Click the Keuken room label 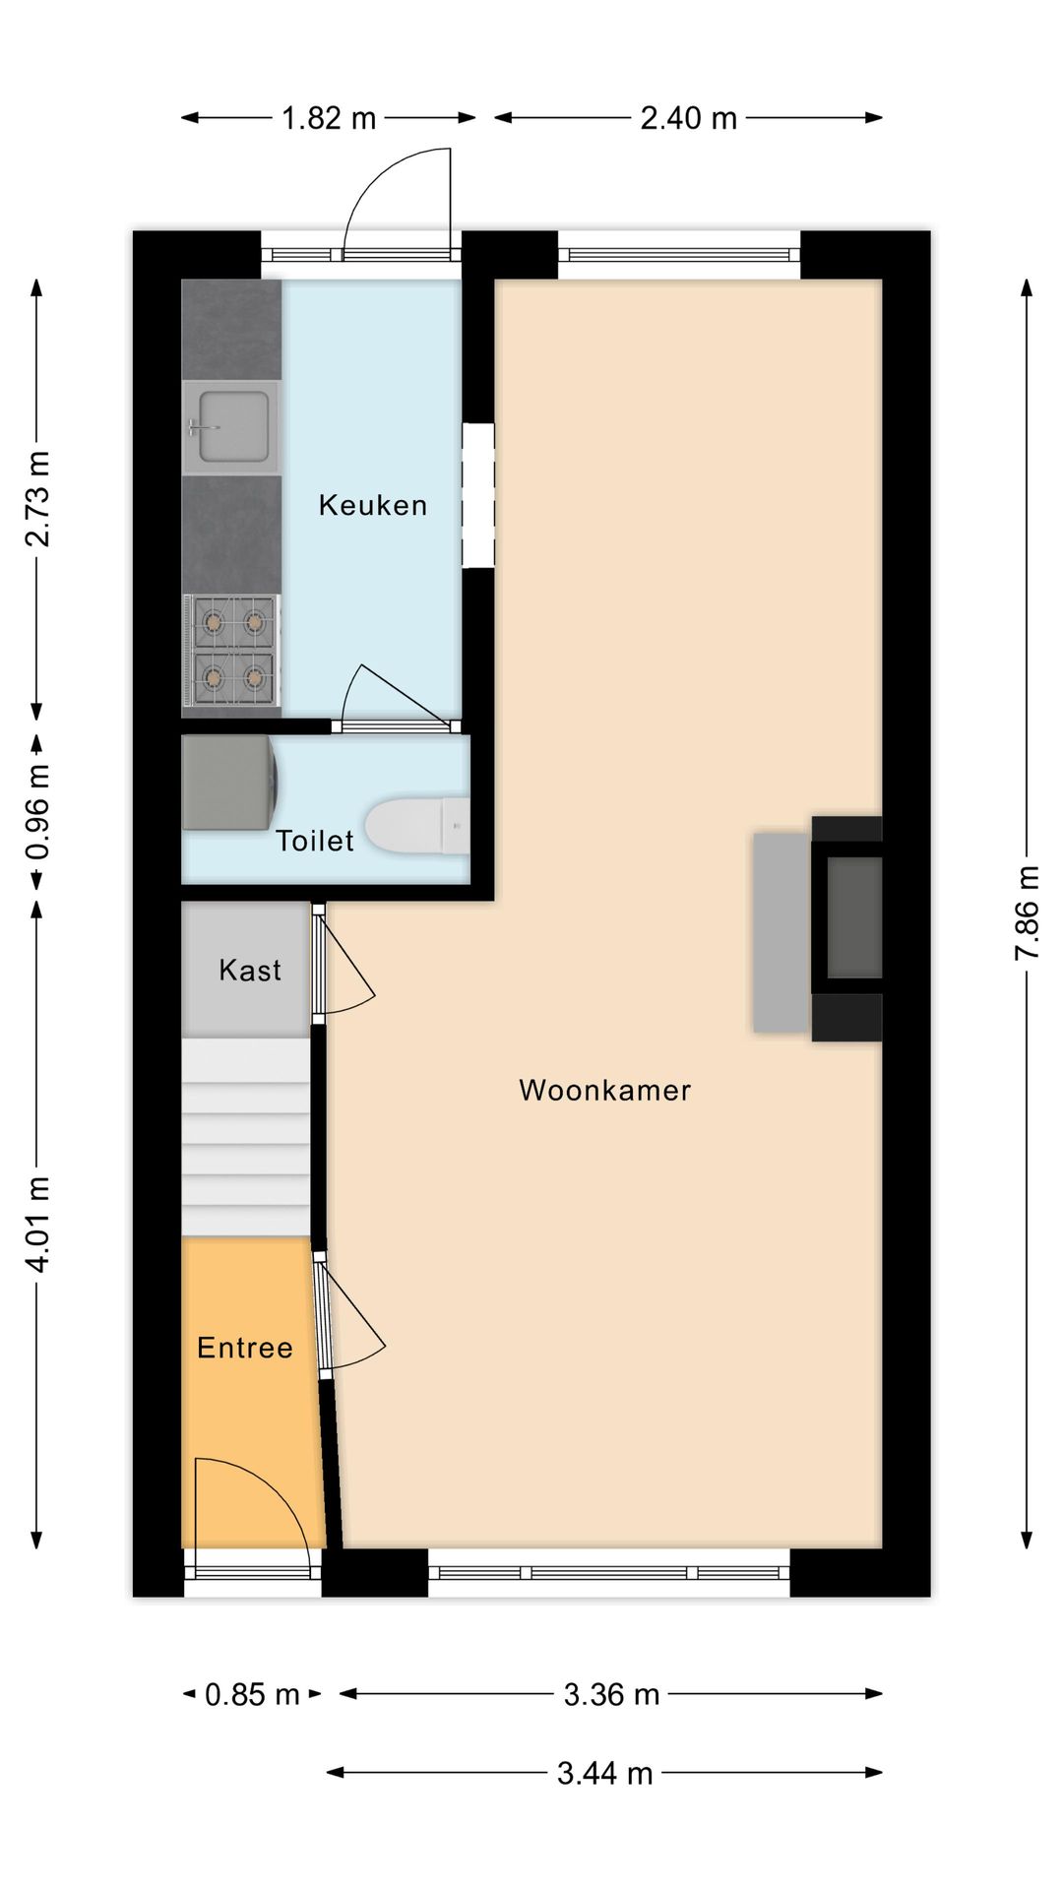(x=372, y=505)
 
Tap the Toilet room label (x=314, y=840)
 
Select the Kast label (x=250, y=970)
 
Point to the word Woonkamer (x=604, y=1090)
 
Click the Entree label (x=245, y=1348)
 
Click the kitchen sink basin (x=233, y=426)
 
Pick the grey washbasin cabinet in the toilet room (x=227, y=783)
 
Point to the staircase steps (x=246, y=1137)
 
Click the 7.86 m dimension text (x=1027, y=913)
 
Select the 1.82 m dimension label (x=329, y=119)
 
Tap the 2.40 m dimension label (x=688, y=119)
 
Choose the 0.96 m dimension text (x=37, y=812)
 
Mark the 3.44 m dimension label (x=604, y=1773)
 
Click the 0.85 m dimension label (x=252, y=1694)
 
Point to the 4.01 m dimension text (x=37, y=1224)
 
